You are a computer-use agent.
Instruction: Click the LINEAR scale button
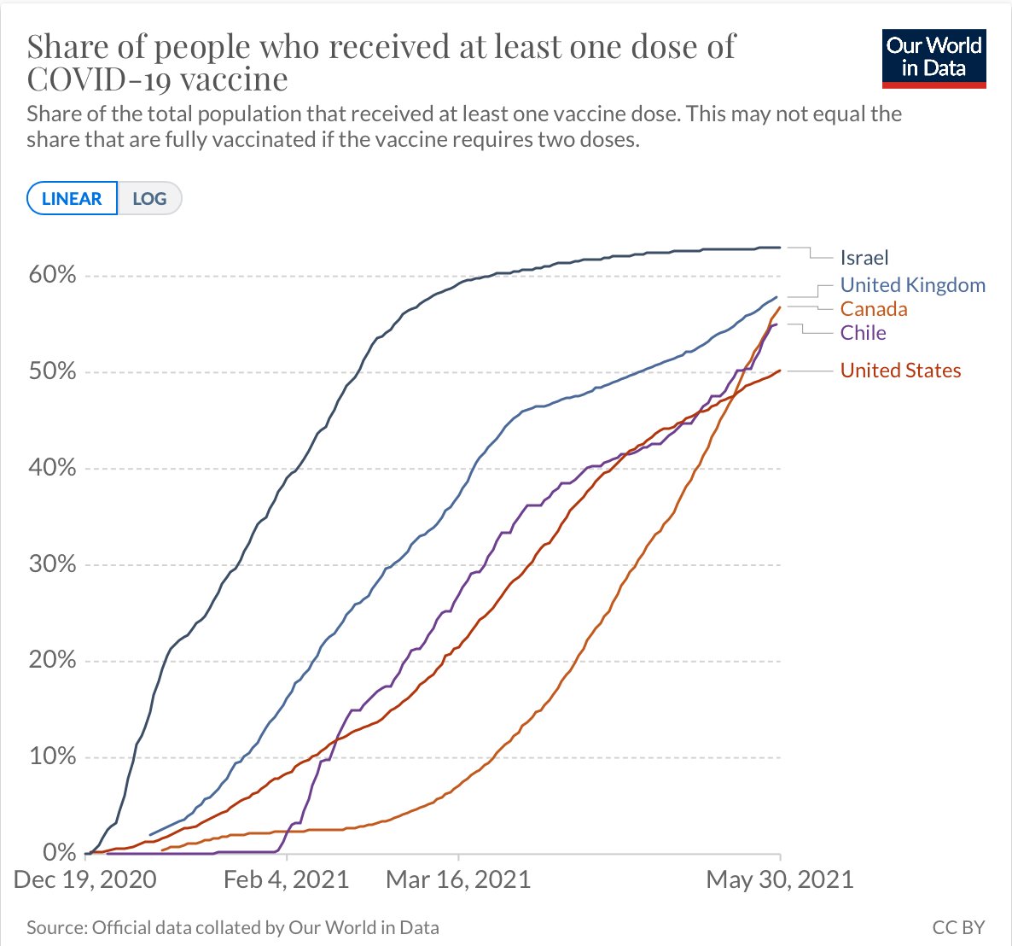(x=72, y=199)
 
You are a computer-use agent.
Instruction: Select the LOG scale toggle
(x=149, y=199)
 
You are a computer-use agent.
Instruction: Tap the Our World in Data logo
(x=933, y=58)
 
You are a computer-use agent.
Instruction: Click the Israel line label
(x=864, y=258)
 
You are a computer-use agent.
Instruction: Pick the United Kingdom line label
(x=912, y=285)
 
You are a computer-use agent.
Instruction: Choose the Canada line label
(x=873, y=309)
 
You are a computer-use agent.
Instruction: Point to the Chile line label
(x=863, y=333)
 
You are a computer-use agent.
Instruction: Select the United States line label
(x=900, y=371)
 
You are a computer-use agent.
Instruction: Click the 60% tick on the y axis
(x=53, y=275)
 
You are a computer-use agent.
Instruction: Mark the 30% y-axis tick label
(x=53, y=564)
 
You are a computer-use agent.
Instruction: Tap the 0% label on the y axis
(x=59, y=852)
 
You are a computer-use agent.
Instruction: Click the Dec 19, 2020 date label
(x=85, y=880)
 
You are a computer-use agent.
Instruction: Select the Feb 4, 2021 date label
(x=287, y=880)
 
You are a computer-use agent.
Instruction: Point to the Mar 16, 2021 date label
(x=458, y=880)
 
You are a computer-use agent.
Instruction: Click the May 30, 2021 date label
(x=779, y=880)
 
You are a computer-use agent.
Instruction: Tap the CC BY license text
(x=958, y=927)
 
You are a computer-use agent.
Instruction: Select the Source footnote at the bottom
(x=232, y=927)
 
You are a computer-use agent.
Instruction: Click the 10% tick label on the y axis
(x=53, y=756)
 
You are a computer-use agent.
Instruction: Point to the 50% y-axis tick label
(x=53, y=371)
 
